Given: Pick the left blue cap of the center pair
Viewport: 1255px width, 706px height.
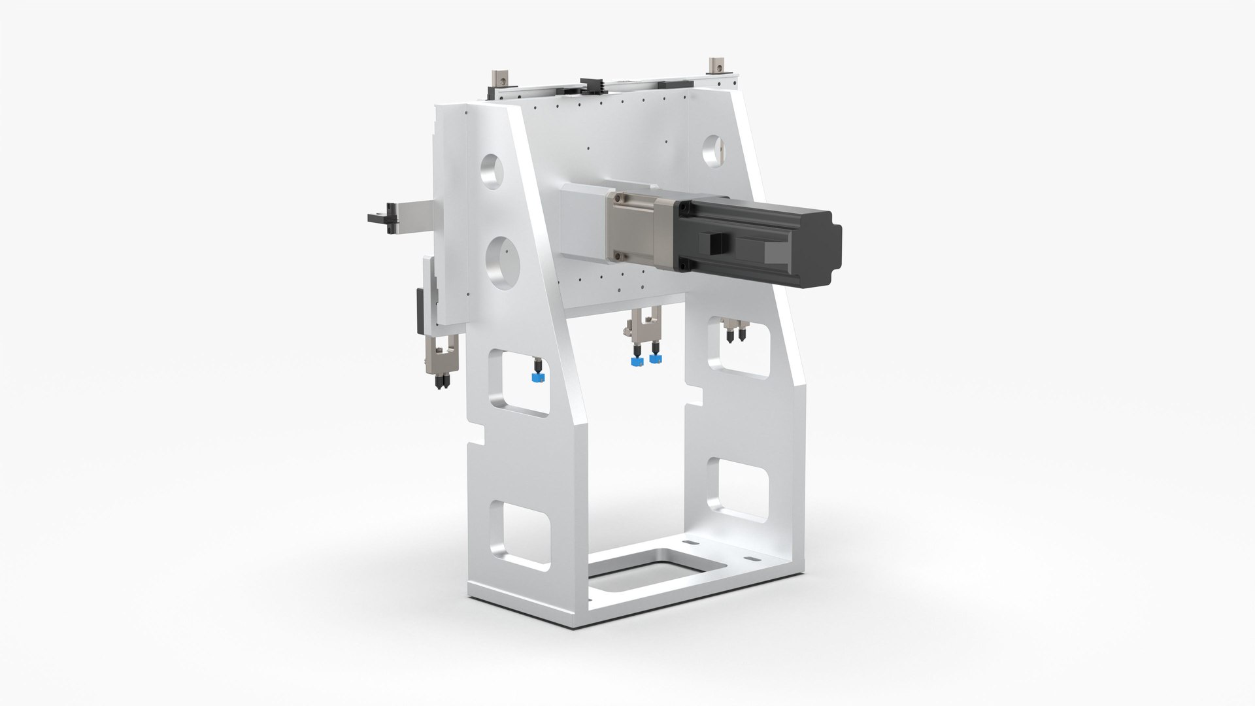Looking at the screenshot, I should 634,360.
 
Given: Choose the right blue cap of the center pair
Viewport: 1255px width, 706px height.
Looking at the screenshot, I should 654,358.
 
